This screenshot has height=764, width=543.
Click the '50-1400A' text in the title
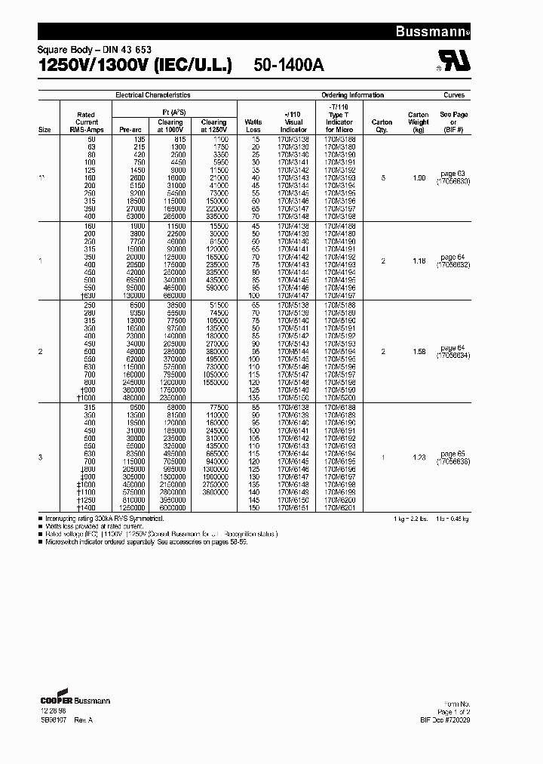289,66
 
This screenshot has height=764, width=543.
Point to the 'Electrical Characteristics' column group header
152,95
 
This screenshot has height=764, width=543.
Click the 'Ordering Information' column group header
353,95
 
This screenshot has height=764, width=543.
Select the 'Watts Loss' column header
253,125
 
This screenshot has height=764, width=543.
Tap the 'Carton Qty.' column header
382,125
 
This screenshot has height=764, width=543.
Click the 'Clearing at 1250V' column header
213,125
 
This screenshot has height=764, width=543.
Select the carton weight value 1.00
419,178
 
